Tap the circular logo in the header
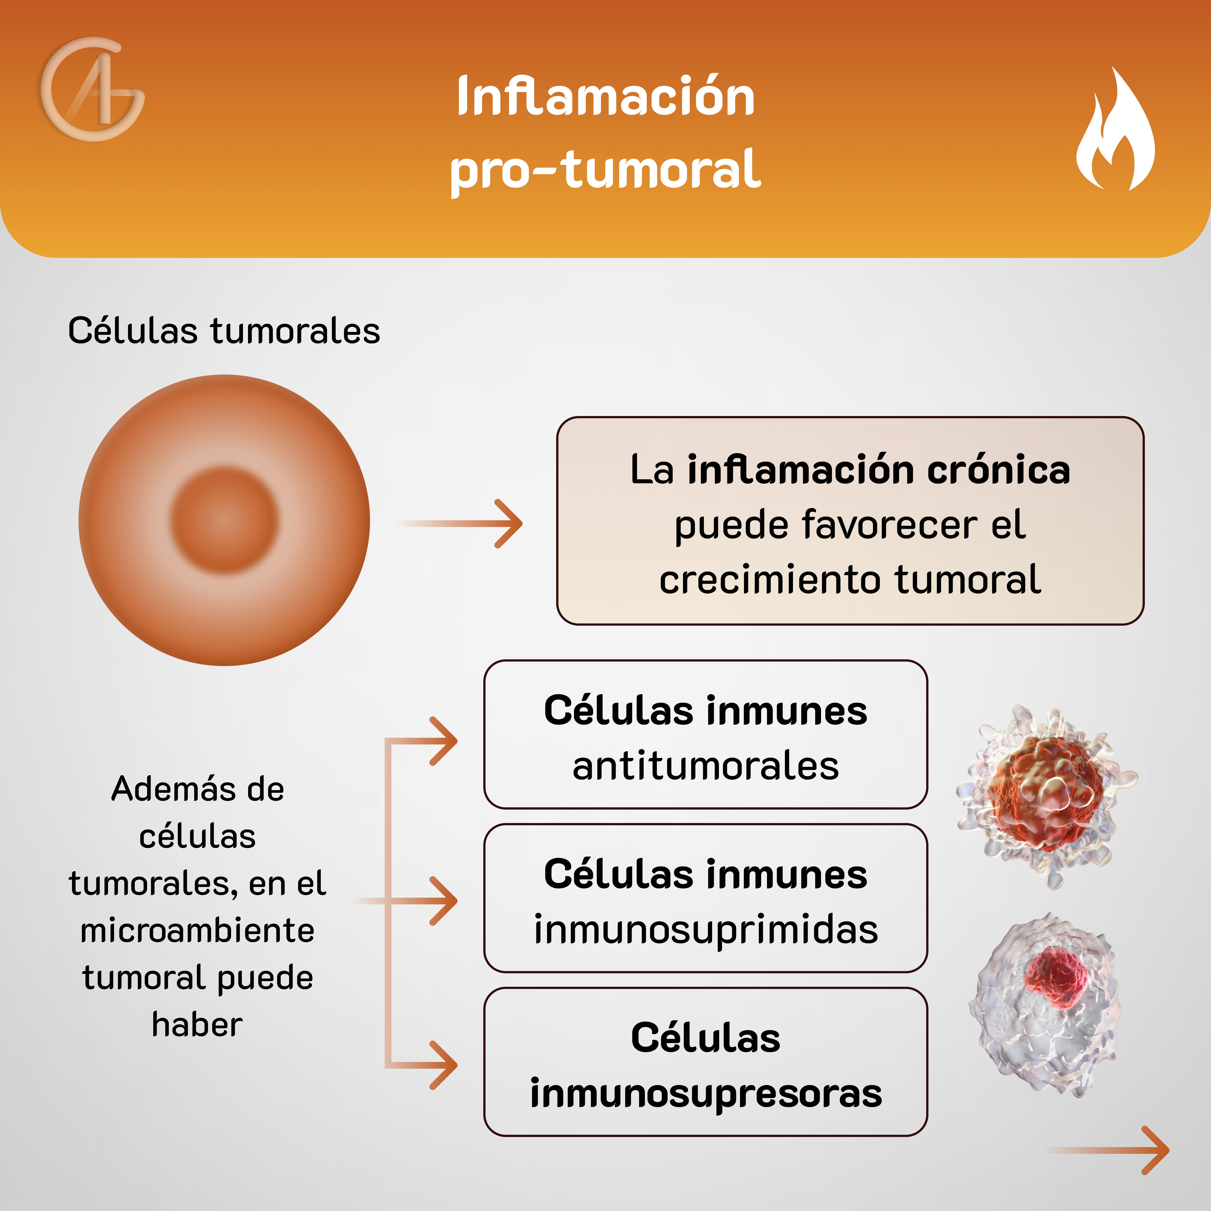pyautogui.click(x=93, y=89)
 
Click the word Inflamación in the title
pyautogui.click(x=605, y=97)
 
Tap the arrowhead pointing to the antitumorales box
pyautogui.click(x=446, y=741)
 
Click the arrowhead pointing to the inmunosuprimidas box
pyautogui.click(x=446, y=901)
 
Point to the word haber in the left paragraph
pyautogui.click(x=198, y=1025)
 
